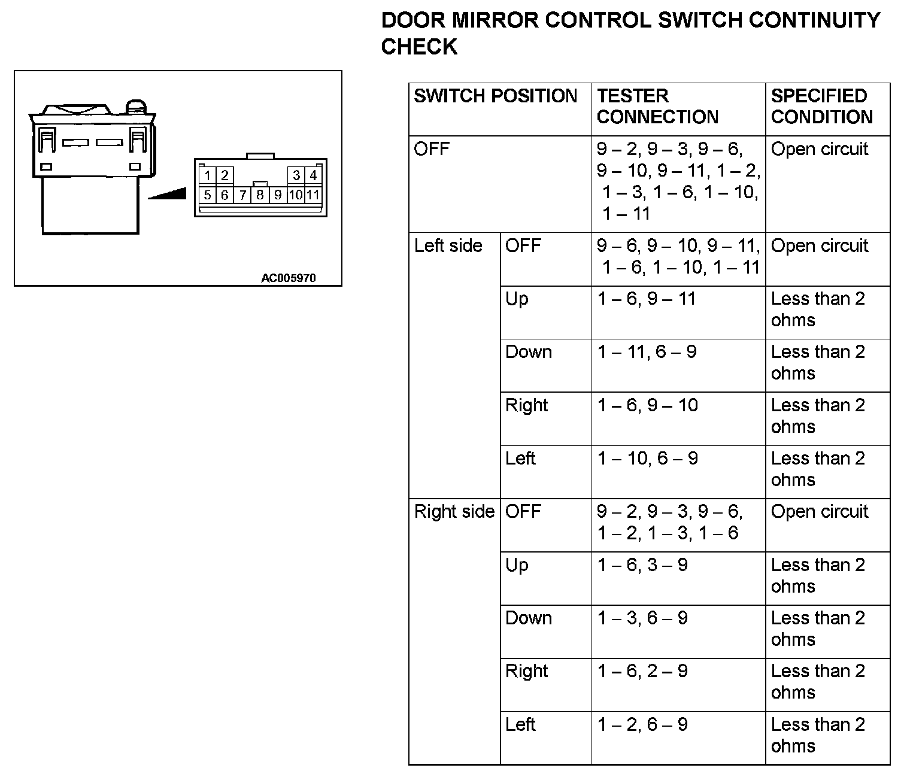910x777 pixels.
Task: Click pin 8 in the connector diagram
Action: click(x=260, y=195)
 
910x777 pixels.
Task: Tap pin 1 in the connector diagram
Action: click(x=207, y=175)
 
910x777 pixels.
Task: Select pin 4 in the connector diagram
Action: click(x=313, y=175)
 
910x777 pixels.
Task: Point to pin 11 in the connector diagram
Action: click(x=313, y=195)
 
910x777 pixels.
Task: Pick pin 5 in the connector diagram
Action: click(x=207, y=195)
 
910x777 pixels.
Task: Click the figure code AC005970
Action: click(x=288, y=278)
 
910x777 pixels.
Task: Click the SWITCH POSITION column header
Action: click(x=495, y=96)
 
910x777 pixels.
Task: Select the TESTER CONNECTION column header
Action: click(x=657, y=107)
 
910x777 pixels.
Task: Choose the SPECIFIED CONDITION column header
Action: click(x=821, y=107)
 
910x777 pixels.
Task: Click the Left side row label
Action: click(x=448, y=246)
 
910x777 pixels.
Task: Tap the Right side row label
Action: click(x=454, y=512)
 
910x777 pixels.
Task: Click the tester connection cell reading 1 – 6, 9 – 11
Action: click(x=647, y=299)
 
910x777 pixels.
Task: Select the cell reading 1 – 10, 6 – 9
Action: click(x=647, y=459)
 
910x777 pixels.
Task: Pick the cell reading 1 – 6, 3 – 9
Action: click(x=642, y=565)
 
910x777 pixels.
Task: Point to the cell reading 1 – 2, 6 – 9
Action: click(x=642, y=725)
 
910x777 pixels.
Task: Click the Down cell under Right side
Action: click(x=528, y=618)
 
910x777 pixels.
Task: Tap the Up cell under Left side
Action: click(x=517, y=299)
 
